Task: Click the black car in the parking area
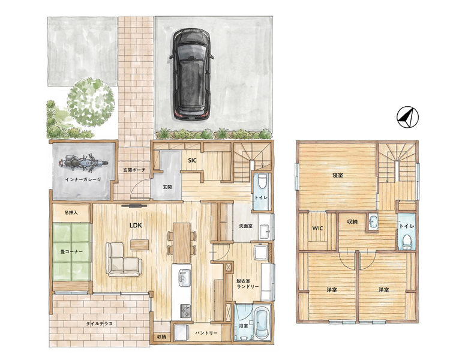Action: point(191,74)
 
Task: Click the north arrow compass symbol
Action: point(407,117)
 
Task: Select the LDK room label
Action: point(136,226)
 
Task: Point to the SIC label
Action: point(192,161)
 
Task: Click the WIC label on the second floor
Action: point(317,229)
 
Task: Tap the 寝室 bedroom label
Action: point(338,175)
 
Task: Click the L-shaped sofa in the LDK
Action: point(123,259)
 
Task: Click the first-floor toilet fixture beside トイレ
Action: point(262,181)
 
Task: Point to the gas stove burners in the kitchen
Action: point(185,310)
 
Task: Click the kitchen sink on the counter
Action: point(184,277)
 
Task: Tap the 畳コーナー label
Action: point(71,251)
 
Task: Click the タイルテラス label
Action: point(100,323)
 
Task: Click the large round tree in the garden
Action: point(91,103)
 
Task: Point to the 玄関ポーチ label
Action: point(134,170)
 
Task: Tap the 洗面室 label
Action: point(246,226)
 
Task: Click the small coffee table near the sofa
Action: point(139,245)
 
